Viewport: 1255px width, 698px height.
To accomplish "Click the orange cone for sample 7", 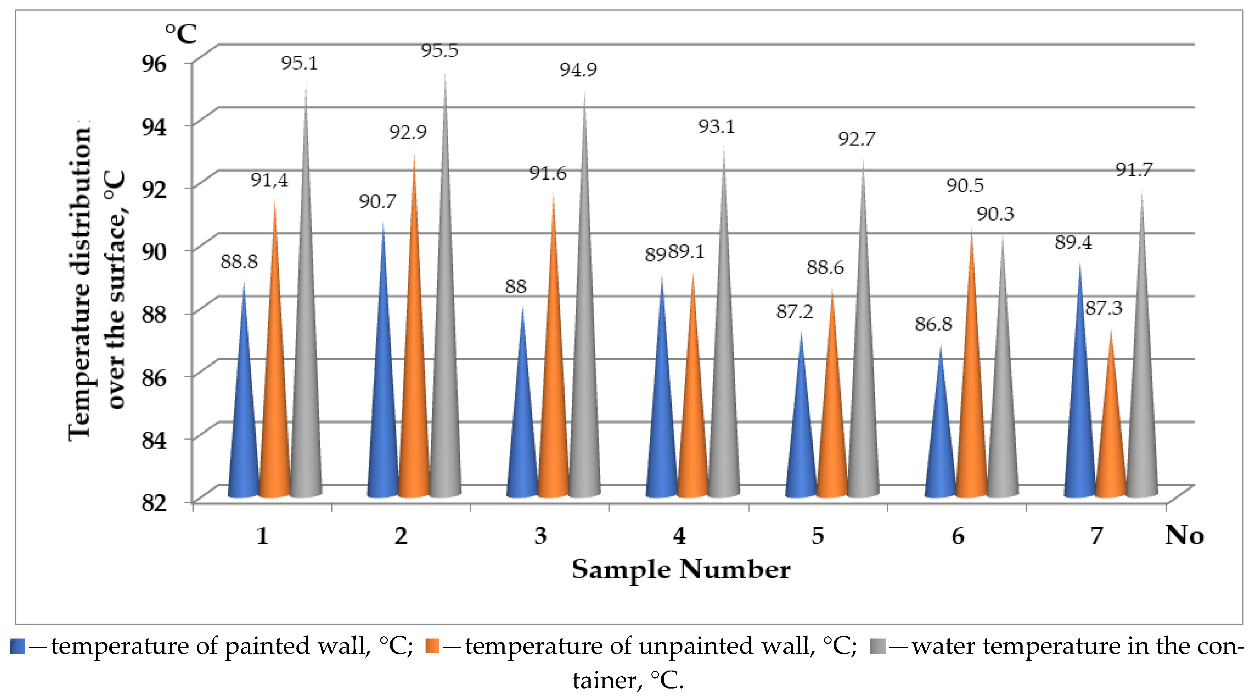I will click(x=1111, y=438).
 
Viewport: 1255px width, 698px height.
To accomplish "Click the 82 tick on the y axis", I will click(x=154, y=502).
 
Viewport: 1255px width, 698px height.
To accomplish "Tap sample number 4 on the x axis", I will click(x=679, y=536).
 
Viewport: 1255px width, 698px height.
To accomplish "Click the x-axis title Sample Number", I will click(x=681, y=569).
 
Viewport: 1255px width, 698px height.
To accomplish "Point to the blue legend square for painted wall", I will click(x=17, y=646).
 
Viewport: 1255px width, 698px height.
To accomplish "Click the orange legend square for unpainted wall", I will click(x=432, y=646).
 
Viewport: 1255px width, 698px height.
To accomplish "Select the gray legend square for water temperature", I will click(x=877, y=646).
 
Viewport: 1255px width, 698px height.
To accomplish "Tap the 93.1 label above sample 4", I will click(x=716, y=127).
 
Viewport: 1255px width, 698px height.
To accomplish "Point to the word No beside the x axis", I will click(x=1184, y=535).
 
